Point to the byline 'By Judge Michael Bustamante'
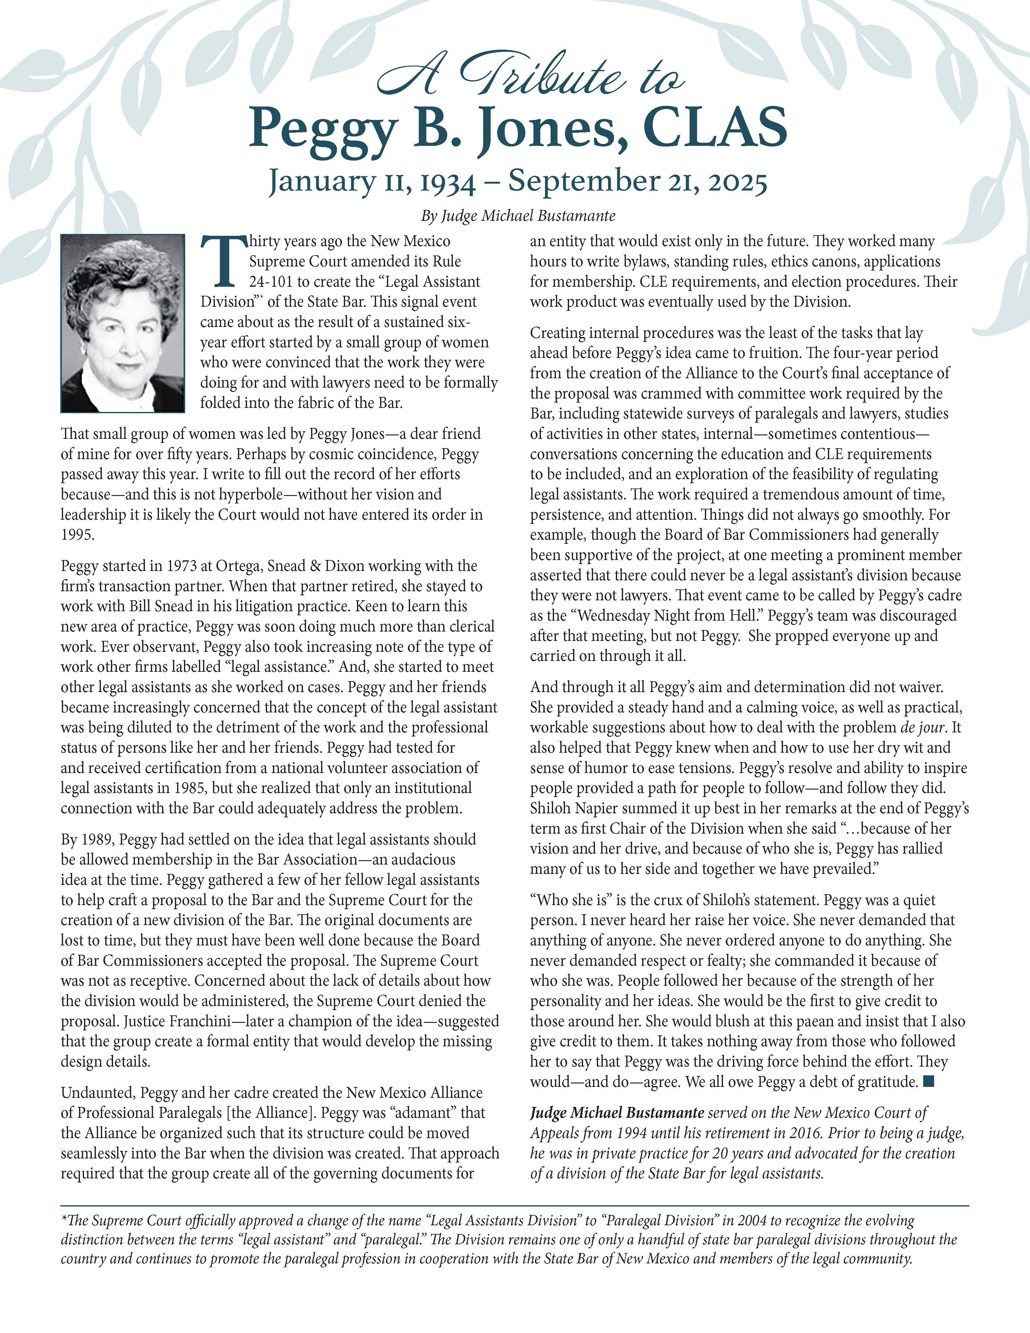[517, 216]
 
